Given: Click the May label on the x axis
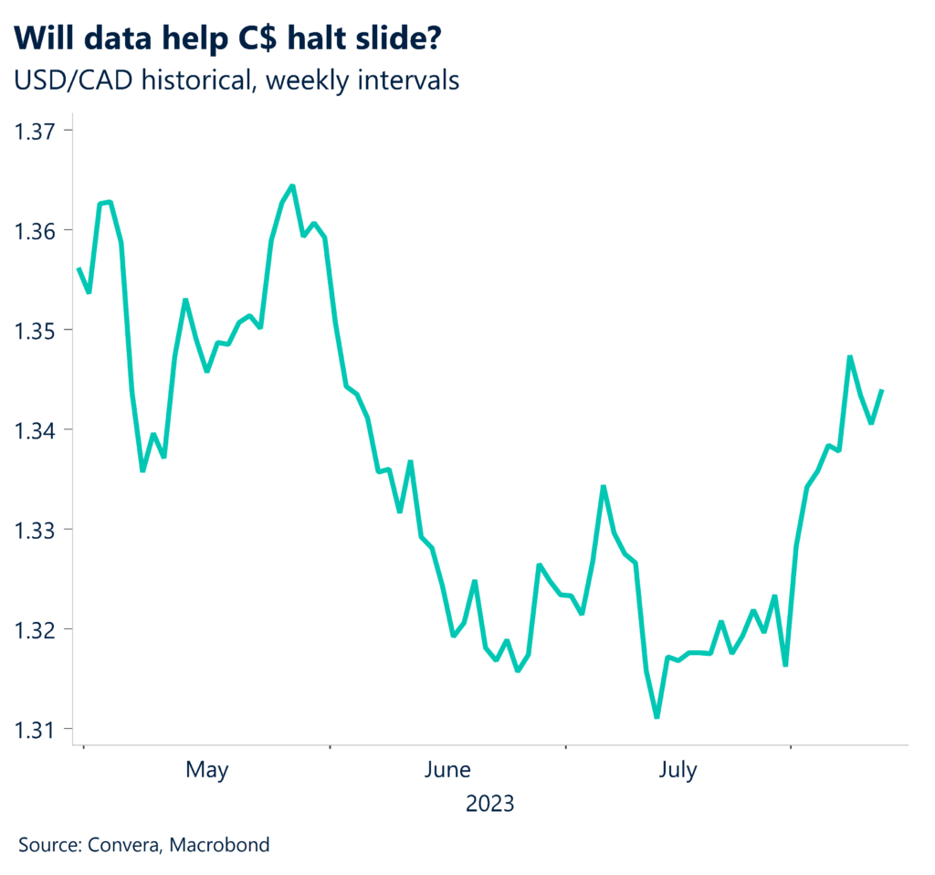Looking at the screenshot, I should [206, 771].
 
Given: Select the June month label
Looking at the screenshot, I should [447, 771].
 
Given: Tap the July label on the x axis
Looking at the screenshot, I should [677, 771].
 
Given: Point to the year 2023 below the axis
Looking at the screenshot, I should [489, 805].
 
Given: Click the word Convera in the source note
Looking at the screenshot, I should [124, 845].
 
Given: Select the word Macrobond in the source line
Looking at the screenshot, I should [225, 845].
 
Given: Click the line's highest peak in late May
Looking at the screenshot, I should [291, 186].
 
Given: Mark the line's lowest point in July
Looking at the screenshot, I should [657, 717].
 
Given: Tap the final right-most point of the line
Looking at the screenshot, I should [882, 390].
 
